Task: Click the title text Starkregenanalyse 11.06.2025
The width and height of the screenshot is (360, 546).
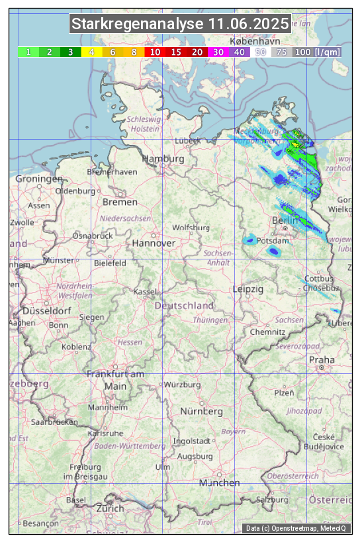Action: [x=180, y=24]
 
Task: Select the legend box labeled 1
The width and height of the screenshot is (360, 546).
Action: [x=28, y=52]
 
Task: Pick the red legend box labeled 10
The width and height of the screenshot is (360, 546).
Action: [x=155, y=52]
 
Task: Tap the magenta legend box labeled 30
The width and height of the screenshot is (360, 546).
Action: [x=218, y=52]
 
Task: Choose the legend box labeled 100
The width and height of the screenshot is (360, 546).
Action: [x=302, y=52]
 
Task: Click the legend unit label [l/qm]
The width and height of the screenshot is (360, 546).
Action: [x=328, y=52]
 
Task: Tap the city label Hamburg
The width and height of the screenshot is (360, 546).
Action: [x=163, y=159]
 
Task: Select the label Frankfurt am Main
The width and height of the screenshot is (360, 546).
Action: [x=115, y=380]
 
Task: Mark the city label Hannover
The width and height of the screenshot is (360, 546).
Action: [x=154, y=243]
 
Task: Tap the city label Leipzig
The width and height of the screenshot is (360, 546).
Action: [x=248, y=289]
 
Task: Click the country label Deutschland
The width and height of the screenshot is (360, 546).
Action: [x=184, y=306]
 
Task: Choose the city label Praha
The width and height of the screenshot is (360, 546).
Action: [x=322, y=359]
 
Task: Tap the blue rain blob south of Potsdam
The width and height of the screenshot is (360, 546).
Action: [x=273, y=251]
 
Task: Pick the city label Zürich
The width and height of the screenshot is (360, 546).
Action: [x=110, y=508]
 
